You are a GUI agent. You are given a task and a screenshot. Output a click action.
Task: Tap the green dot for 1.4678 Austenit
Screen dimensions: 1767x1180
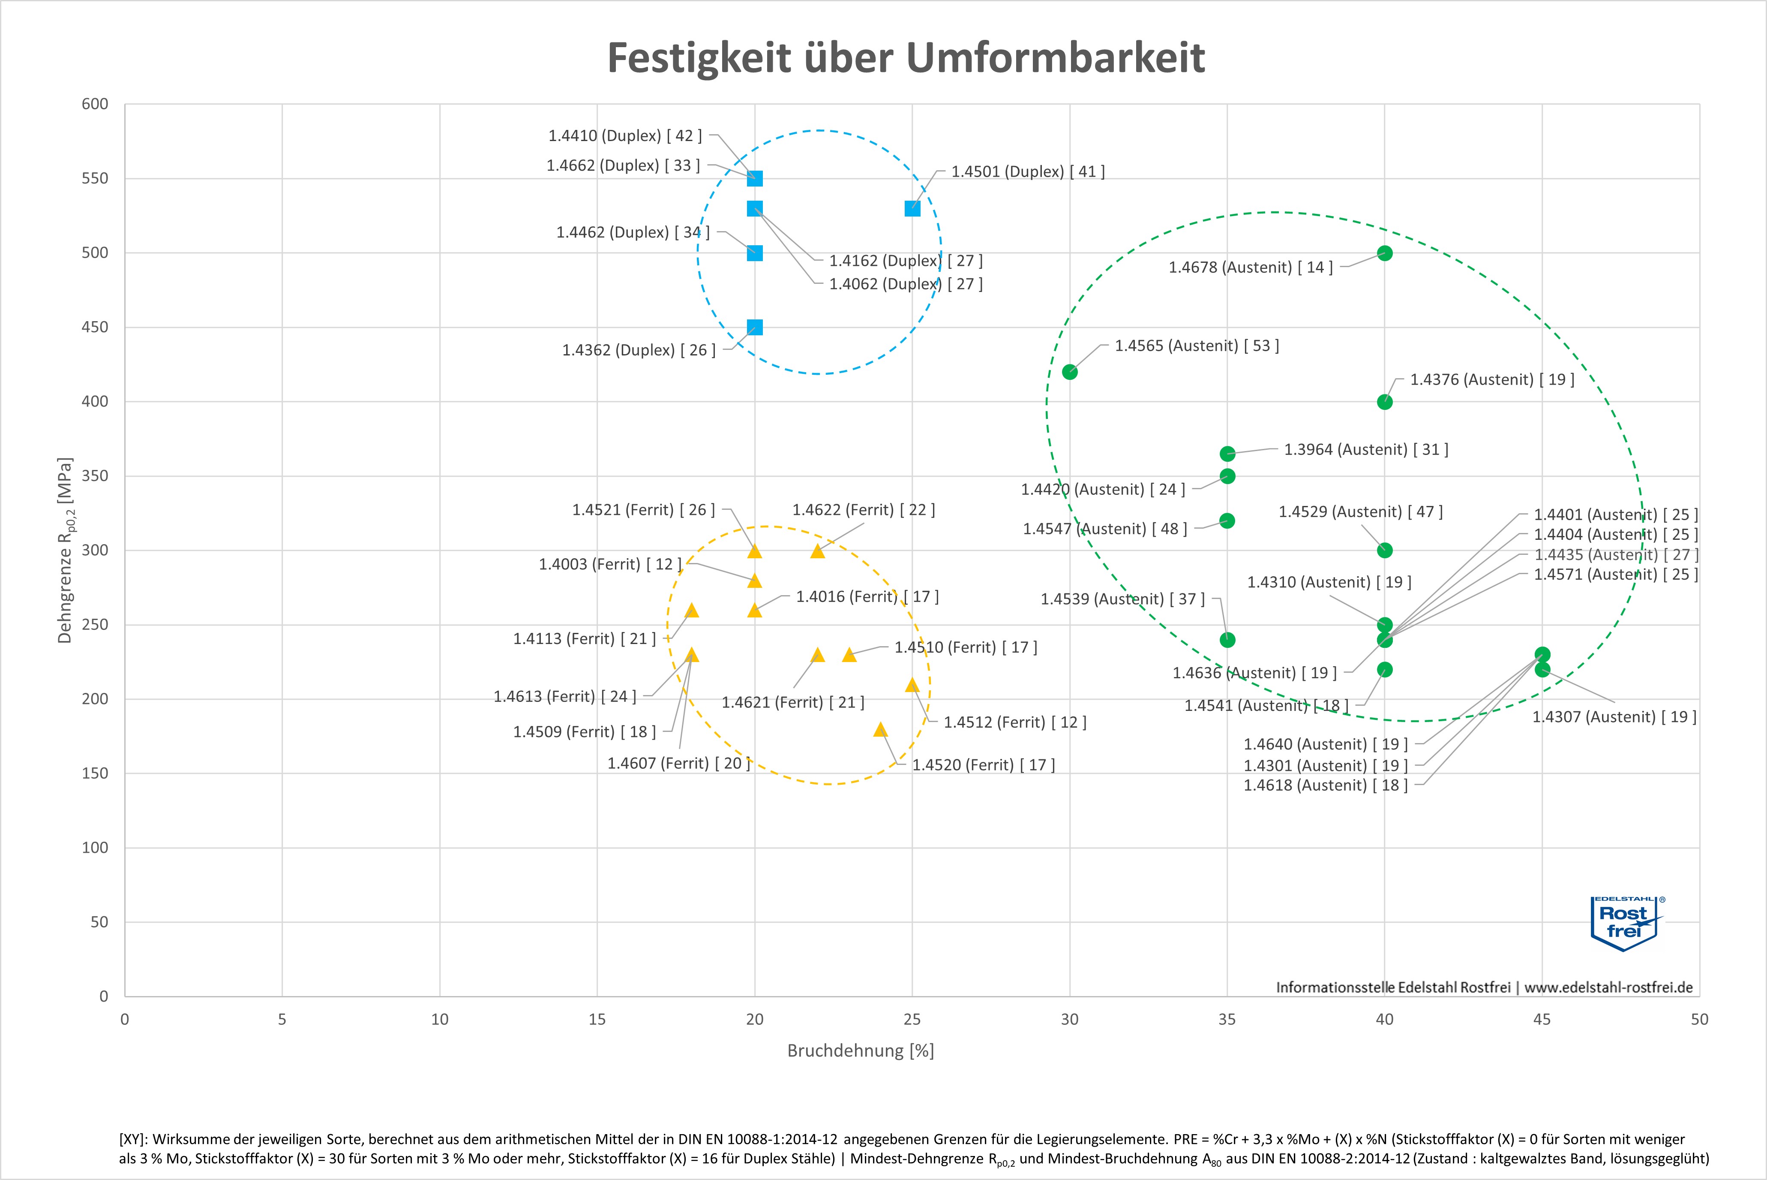click(1385, 253)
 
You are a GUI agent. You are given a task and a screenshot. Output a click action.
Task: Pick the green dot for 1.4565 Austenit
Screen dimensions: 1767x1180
click(1070, 372)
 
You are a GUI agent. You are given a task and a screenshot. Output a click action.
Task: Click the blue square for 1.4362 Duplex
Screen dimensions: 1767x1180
click(754, 327)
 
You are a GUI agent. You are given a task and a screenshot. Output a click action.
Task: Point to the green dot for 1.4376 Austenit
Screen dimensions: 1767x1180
click(1385, 402)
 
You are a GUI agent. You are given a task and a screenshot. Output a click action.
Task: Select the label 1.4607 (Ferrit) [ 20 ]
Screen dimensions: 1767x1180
click(678, 763)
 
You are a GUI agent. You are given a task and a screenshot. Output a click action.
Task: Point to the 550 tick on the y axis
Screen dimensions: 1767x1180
click(95, 178)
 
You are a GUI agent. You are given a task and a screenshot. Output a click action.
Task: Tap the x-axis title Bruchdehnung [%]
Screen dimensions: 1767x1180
click(861, 1051)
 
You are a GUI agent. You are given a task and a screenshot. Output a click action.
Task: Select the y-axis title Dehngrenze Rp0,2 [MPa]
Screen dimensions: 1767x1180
click(66, 550)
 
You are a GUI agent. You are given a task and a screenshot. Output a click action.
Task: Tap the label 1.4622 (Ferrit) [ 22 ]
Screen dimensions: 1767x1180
click(864, 510)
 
